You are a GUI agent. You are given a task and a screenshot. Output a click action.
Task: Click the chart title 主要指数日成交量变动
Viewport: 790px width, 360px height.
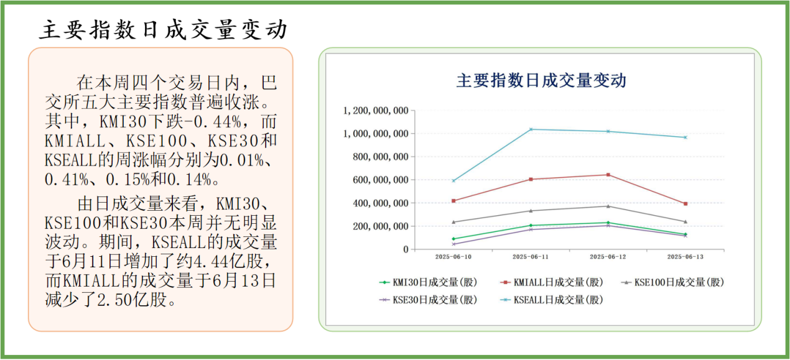tap(541, 81)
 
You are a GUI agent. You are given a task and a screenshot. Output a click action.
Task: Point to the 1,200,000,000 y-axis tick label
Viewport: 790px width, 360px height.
tap(376, 111)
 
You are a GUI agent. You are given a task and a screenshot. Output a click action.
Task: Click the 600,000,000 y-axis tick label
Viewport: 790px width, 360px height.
tap(379, 180)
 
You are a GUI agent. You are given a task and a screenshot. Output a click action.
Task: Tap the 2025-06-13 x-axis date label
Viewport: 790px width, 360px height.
tap(685, 256)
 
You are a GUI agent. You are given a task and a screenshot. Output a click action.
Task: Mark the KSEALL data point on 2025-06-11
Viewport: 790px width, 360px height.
tap(531, 129)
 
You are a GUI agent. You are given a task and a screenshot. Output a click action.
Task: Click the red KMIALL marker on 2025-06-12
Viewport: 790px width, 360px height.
tap(608, 175)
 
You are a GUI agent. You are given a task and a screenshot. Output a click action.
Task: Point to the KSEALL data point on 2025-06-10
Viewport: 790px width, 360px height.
tap(453, 181)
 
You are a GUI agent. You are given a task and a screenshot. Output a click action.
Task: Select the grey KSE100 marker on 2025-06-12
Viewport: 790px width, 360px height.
tap(608, 206)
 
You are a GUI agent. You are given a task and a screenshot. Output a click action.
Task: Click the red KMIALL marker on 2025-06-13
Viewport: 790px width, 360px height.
tap(685, 204)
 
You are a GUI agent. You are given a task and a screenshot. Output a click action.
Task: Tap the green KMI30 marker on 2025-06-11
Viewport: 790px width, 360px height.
tap(531, 225)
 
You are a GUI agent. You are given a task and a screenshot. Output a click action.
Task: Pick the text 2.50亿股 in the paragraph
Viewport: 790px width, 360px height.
tap(131, 300)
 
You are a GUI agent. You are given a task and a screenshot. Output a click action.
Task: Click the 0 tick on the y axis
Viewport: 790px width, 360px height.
tap(405, 249)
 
